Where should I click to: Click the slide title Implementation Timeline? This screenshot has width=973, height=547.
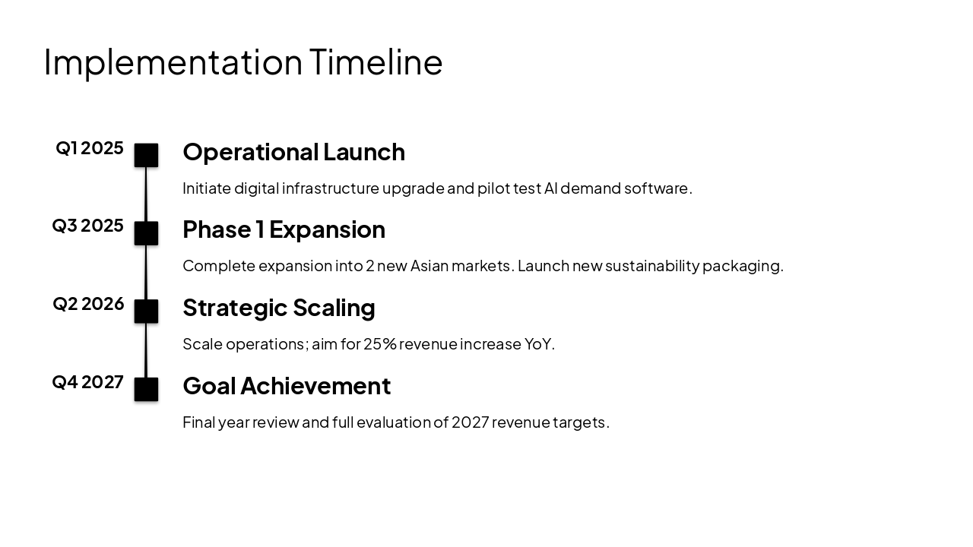pyautogui.click(x=243, y=62)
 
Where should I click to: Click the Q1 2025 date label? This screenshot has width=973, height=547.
pyautogui.click(x=90, y=148)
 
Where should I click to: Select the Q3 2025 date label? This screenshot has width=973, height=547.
pyautogui.click(x=88, y=226)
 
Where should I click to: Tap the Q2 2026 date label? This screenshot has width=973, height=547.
pyautogui.click(x=88, y=304)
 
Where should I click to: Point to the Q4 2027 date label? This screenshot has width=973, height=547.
pyautogui.click(x=88, y=382)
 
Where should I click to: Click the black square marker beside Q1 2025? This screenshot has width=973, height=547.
pyautogui.click(x=146, y=155)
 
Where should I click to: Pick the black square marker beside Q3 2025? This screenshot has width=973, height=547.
pyautogui.click(x=146, y=233)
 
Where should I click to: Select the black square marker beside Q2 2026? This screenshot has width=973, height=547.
pyautogui.click(x=146, y=311)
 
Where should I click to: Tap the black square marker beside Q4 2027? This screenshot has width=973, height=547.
pyautogui.click(x=146, y=389)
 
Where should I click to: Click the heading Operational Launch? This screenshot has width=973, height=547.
pyautogui.click(x=293, y=152)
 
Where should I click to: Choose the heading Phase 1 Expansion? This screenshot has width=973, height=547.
pyautogui.click(x=284, y=229)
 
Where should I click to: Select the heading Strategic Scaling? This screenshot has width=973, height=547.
pyautogui.click(x=279, y=308)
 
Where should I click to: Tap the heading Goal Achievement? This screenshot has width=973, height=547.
pyautogui.click(x=287, y=386)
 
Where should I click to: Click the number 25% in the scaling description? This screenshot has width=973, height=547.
pyautogui.click(x=380, y=344)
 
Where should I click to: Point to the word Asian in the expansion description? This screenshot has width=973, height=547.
pyautogui.click(x=431, y=266)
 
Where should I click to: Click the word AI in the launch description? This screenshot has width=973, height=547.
pyautogui.click(x=550, y=188)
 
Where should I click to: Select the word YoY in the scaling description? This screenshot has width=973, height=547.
pyautogui.click(x=538, y=344)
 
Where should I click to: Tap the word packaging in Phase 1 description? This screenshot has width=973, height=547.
pyautogui.click(x=742, y=266)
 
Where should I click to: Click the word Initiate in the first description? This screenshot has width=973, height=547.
pyautogui.click(x=206, y=188)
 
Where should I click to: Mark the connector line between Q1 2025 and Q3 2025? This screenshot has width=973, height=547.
pyautogui.click(x=146, y=194)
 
